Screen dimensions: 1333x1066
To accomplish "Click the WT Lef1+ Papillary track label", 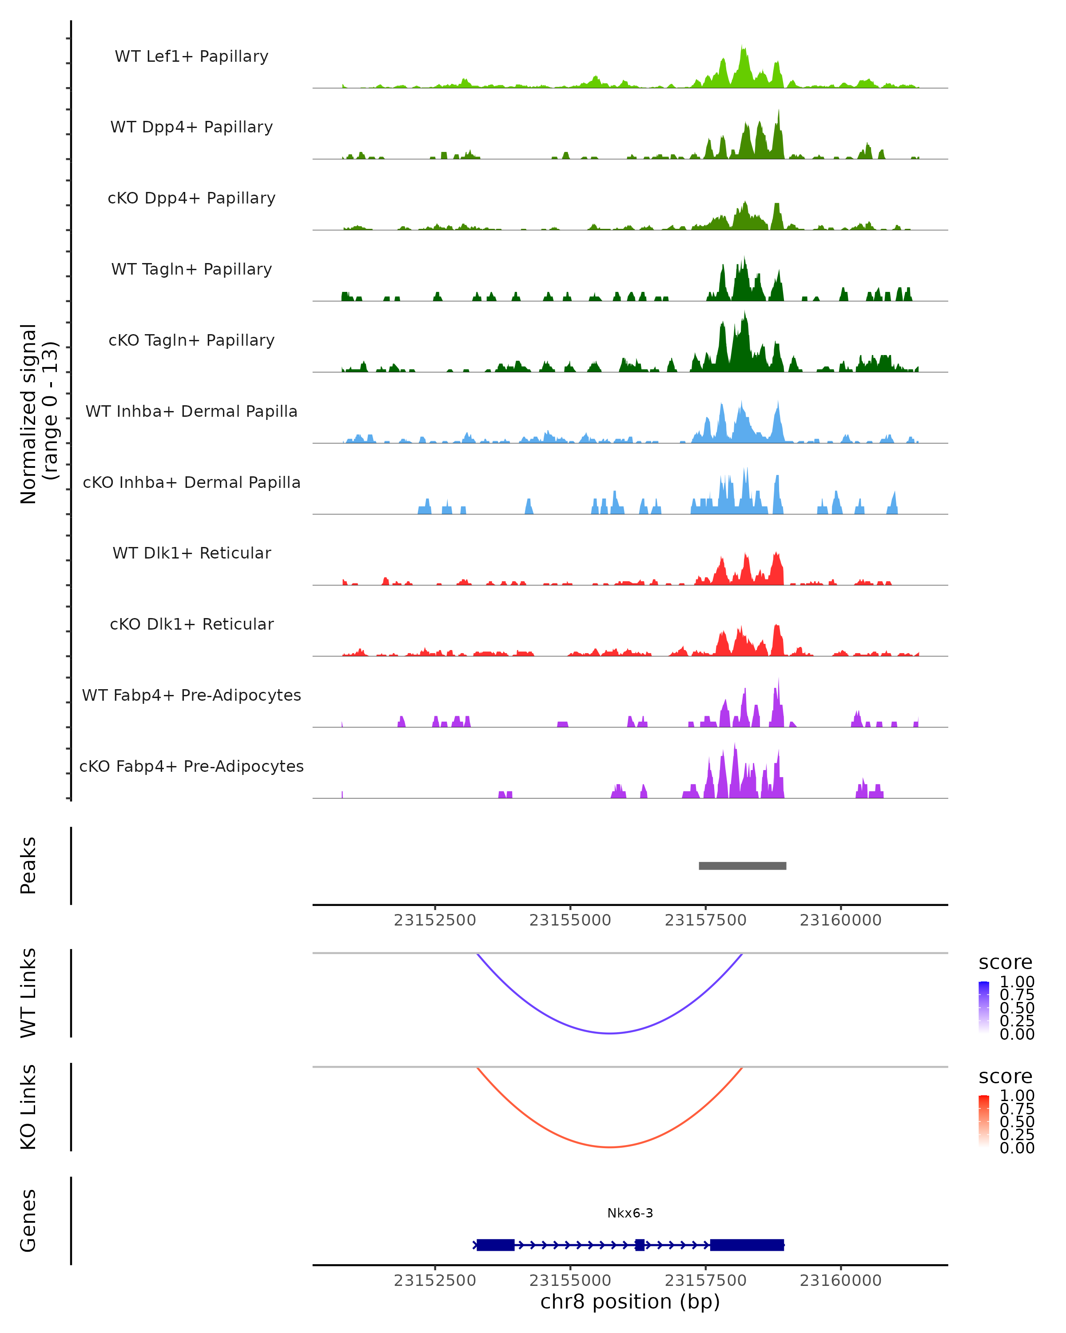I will click(191, 56).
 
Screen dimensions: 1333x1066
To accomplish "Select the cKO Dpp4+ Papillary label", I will click(191, 198).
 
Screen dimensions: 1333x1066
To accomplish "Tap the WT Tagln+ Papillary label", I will click(191, 269).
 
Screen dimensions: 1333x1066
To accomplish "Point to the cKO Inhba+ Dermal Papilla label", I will click(191, 482).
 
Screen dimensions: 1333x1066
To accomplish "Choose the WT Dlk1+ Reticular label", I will click(191, 553).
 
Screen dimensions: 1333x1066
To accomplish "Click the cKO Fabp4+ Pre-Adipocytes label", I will click(191, 766).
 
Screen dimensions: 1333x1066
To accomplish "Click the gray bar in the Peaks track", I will click(742, 866).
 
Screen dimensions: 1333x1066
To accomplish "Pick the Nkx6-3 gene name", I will click(630, 1213).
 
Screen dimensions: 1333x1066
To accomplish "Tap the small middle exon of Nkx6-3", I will click(640, 1245).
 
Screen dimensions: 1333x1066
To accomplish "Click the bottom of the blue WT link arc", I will click(610, 1033).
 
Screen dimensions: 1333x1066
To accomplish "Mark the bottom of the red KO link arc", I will click(610, 1146).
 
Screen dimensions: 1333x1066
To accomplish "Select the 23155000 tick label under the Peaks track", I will click(570, 920).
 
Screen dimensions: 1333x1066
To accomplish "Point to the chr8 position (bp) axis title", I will click(630, 1301).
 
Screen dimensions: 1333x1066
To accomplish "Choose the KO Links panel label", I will click(28, 1107).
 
